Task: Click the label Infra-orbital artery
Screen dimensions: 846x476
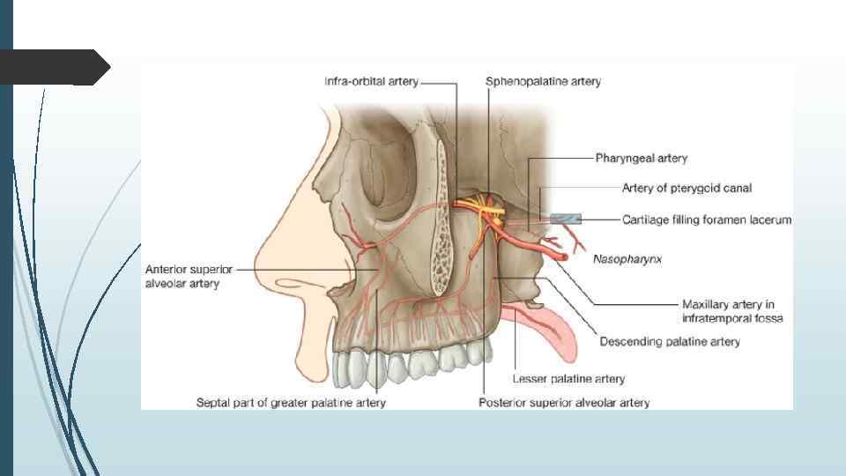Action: pyautogui.click(x=374, y=82)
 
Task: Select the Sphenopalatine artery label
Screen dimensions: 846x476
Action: pyautogui.click(x=543, y=82)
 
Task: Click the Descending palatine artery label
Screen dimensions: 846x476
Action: pyautogui.click(x=670, y=341)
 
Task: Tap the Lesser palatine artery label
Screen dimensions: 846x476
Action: pyautogui.click(x=568, y=379)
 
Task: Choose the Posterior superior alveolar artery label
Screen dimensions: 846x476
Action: pyautogui.click(x=564, y=403)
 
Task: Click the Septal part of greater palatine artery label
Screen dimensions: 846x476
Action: pyautogui.click(x=290, y=403)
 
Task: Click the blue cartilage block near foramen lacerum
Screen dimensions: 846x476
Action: pyautogui.click(x=564, y=219)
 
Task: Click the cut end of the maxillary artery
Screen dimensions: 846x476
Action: pyautogui.click(x=560, y=256)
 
